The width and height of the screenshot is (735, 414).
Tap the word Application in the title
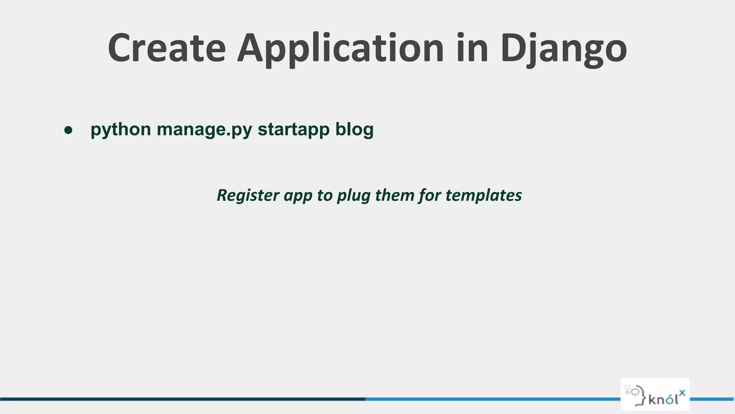click(x=341, y=49)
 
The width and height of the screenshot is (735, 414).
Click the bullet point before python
click(x=68, y=130)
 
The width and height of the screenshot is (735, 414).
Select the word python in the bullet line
click(x=121, y=130)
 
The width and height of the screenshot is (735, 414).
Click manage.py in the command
click(x=204, y=130)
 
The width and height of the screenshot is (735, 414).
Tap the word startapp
click(x=294, y=130)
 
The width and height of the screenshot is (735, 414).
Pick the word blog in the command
click(x=354, y=130)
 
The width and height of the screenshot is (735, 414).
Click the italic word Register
click(x=248, y=195)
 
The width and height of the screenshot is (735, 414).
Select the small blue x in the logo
click(x=682, y=392)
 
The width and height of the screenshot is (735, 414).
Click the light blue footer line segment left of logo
click(x=492, y=399)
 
